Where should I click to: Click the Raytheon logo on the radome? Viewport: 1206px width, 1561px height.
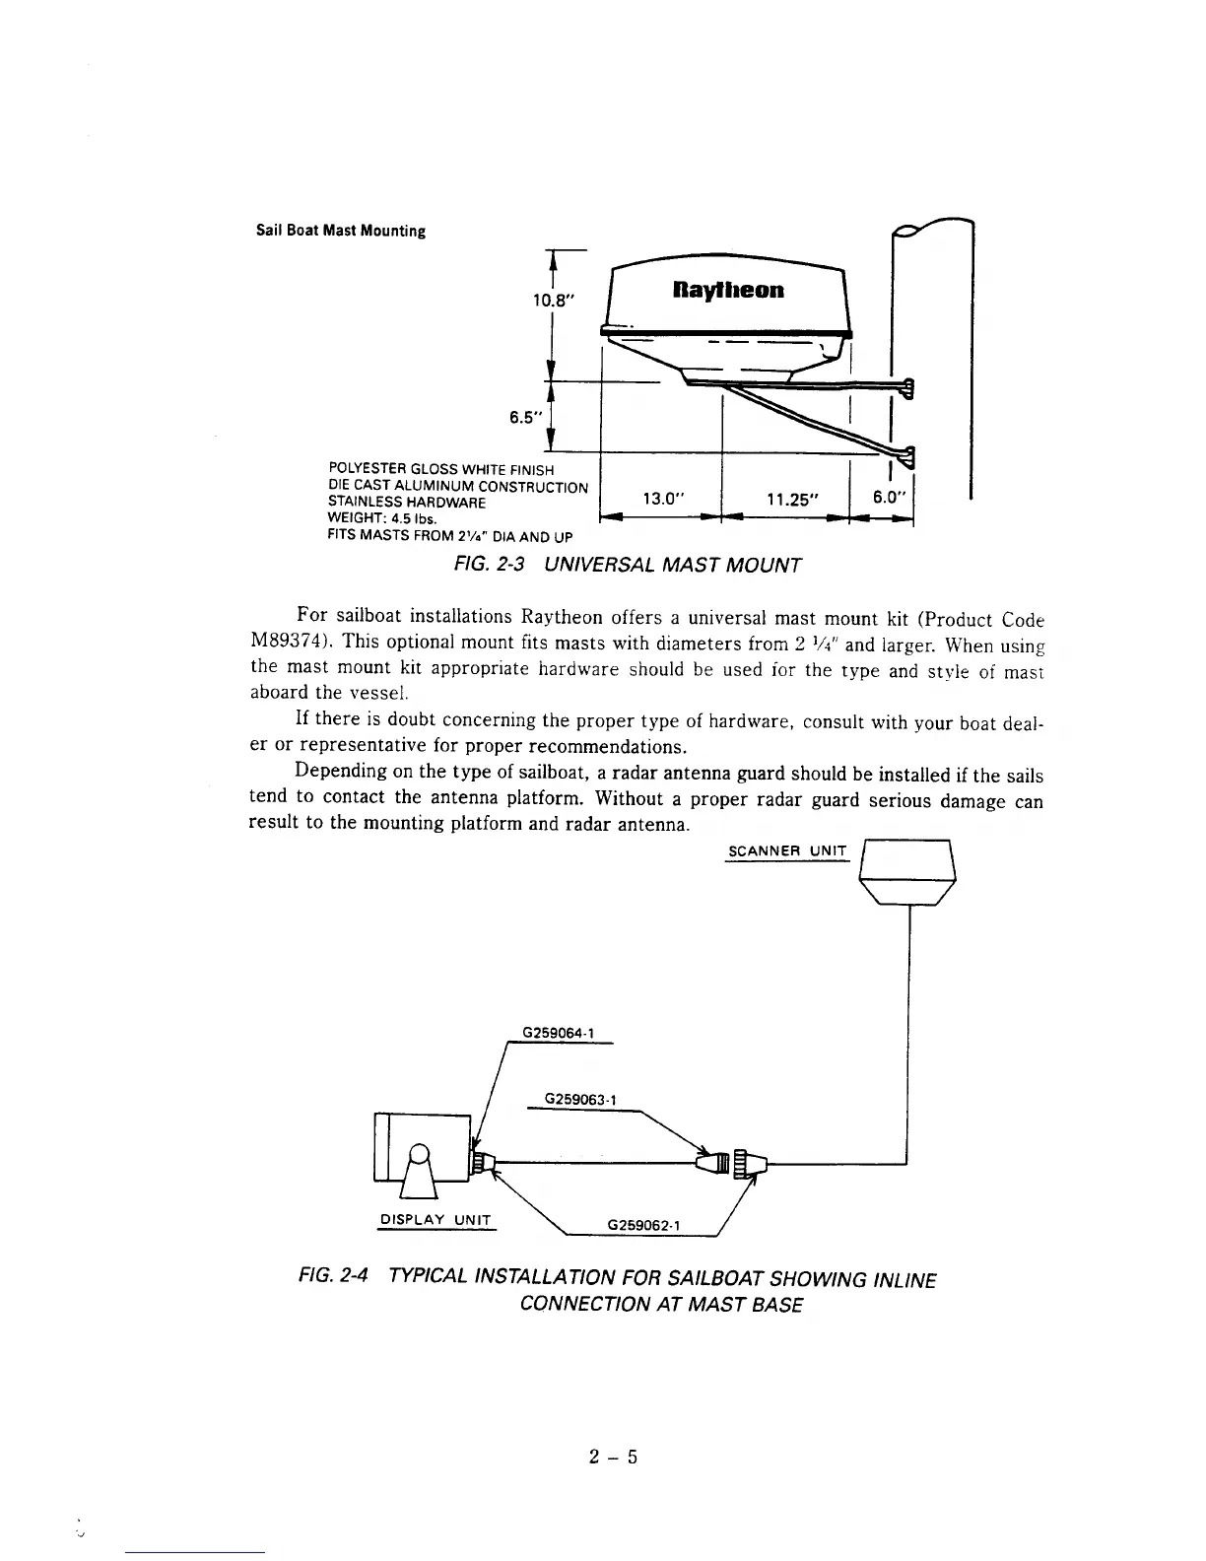728,291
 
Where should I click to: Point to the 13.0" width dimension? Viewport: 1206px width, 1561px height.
662,499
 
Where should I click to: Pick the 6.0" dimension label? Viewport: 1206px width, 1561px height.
890,498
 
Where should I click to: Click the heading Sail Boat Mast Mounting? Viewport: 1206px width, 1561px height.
341,232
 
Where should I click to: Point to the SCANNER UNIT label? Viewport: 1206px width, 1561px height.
786,851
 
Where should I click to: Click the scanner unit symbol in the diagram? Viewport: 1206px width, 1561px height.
907,871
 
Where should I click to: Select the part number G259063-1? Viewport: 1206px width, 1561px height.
580,1099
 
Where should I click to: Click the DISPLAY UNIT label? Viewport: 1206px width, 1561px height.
435,1220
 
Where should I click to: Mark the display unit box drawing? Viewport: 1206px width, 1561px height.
422,1148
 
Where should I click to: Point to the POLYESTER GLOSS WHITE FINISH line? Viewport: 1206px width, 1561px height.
440,469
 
